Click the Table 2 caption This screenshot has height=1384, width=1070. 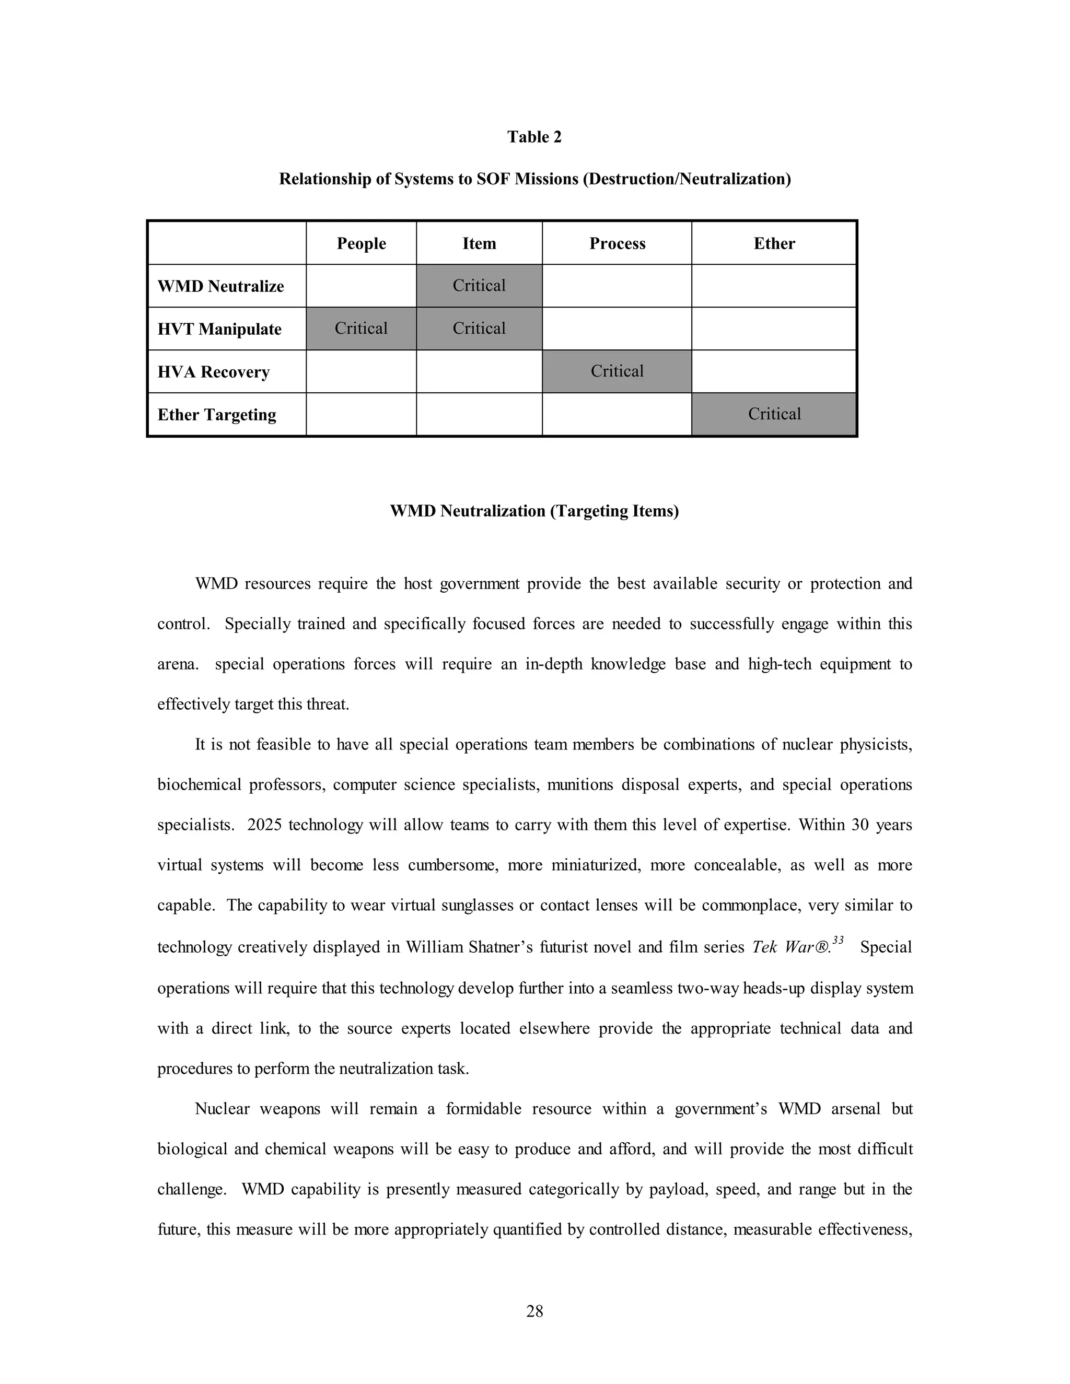534,137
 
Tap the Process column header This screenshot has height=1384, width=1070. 617,244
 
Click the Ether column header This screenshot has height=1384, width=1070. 774,244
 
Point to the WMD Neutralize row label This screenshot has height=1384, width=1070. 220,286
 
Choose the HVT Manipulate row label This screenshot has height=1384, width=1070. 219,330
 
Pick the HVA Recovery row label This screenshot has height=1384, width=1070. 214,372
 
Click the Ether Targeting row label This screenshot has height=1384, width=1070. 217,415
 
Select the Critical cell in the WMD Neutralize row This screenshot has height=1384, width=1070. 479,286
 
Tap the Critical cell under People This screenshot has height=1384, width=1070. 360,329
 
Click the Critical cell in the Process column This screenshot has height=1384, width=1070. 617,371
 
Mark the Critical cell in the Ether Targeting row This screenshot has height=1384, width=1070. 774,415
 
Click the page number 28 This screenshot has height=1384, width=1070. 534,1311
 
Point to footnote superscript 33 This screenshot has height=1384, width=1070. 838,941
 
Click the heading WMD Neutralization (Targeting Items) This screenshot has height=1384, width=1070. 534,511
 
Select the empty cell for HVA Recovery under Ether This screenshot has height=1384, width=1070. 774,371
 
